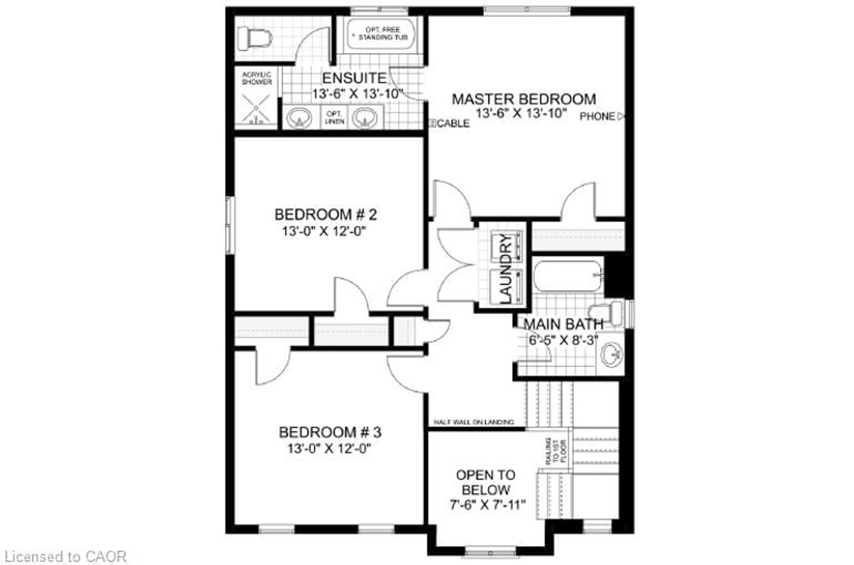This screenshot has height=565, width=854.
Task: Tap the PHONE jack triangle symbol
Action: (x=621, y=116)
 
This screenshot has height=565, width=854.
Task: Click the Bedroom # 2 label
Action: (x=326, y=215)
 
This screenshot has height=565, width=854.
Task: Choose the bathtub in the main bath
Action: (x=568, y=276)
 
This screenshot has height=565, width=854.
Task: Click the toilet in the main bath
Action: (x=606, y=312)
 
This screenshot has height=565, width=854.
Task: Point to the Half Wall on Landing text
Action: (x=473, y=422)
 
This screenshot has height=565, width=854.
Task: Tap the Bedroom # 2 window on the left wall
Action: (x=230, y=225)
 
